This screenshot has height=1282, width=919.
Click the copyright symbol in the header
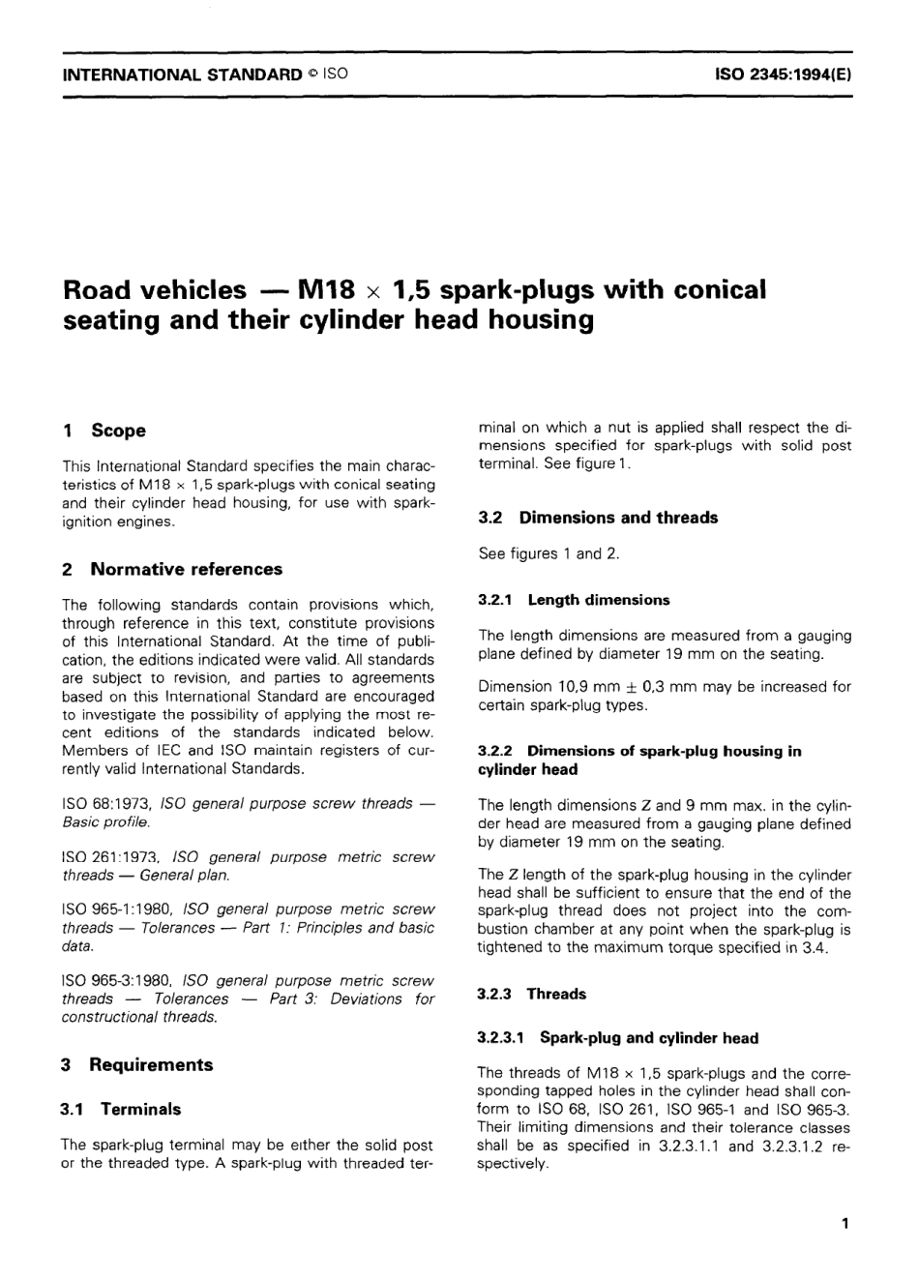(312, 74)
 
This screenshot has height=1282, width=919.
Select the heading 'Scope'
(118, 431)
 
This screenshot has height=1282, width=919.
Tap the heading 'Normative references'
(186, 569)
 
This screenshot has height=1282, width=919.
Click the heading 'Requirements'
(151, 1064)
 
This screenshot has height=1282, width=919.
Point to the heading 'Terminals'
(140, 1109)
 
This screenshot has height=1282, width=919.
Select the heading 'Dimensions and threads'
(618, 518)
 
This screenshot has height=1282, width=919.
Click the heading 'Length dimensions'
(599, 600)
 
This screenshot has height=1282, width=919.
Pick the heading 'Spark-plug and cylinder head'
(649, 1038)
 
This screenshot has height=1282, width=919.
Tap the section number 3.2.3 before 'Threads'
(497, 994)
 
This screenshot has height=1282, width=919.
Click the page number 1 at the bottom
(845, 1225)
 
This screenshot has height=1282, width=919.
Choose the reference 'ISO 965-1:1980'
(117, 909)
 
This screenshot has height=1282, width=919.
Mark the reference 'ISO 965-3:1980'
(118, 981)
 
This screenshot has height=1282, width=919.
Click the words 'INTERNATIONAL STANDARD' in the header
(182, 74)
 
